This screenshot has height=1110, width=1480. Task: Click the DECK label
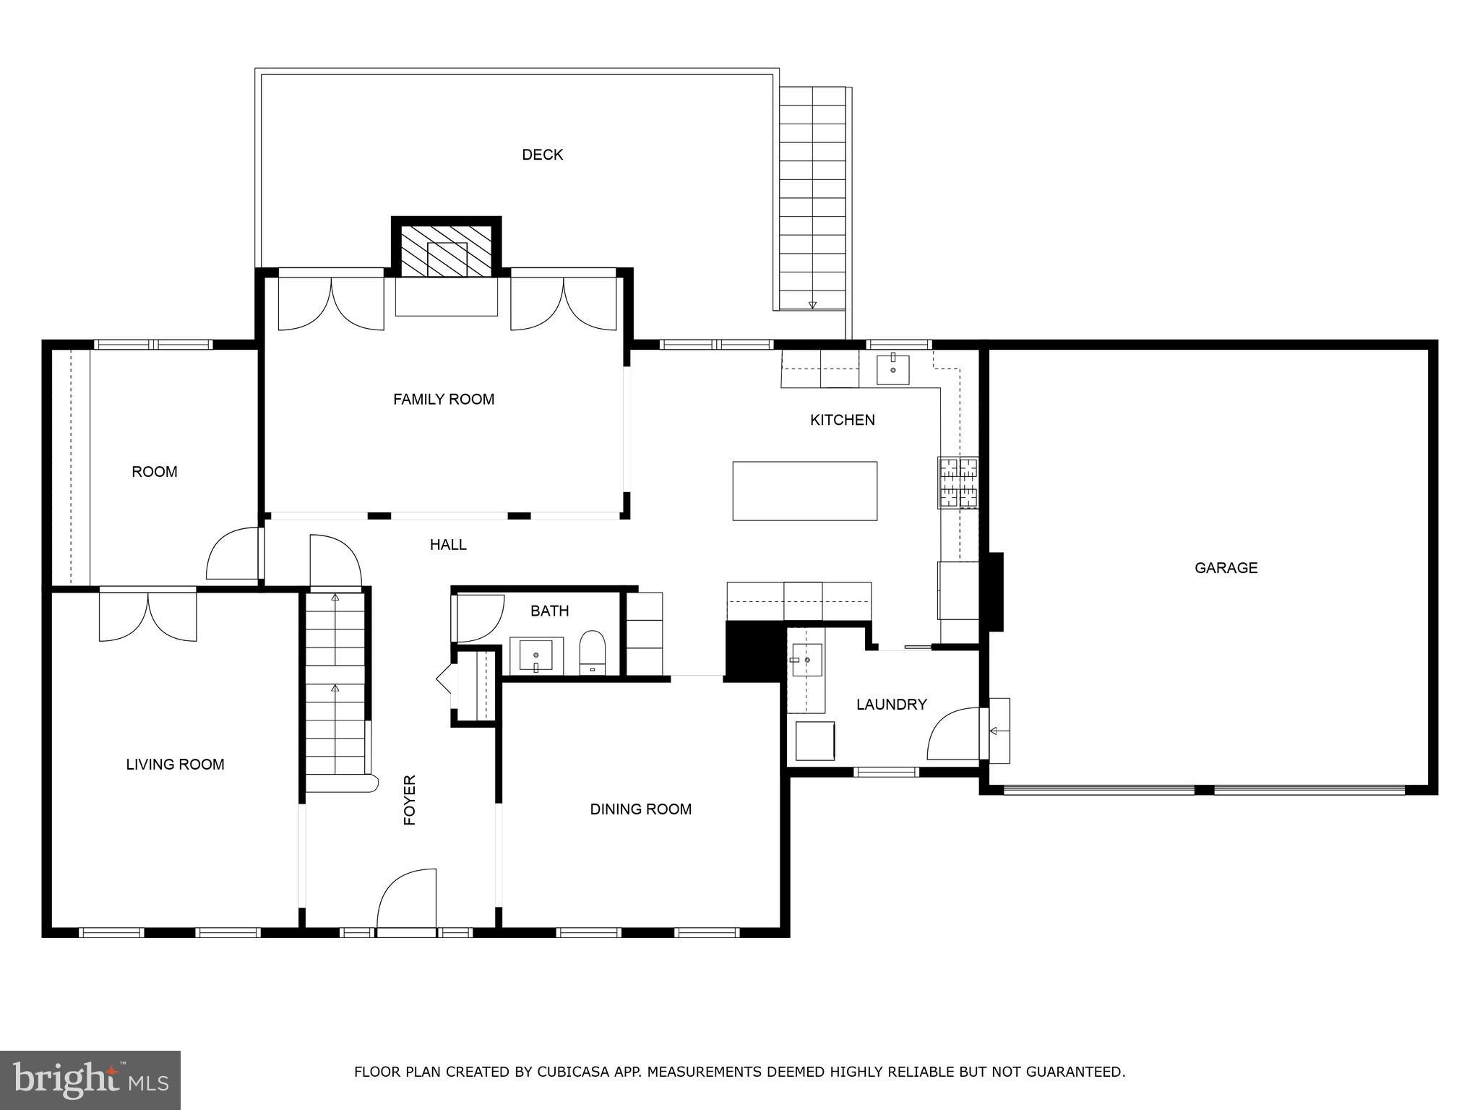pos(542,155)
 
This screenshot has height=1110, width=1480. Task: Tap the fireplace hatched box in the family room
pos(447,251)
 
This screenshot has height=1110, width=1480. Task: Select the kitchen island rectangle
pos(804,491)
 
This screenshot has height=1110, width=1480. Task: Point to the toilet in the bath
pos(593,652)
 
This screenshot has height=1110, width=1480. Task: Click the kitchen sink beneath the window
pos(893,369)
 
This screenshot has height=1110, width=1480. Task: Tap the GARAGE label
pos(1226,568)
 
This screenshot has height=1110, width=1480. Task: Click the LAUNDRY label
pos(891,705)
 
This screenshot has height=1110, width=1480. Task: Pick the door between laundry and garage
pos(954,733)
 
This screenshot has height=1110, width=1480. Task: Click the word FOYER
pos(410,800)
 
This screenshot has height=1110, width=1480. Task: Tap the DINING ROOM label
pos(640,809)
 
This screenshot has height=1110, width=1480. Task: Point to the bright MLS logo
pos(90,1080)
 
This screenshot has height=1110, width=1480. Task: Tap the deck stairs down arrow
pos(812,305)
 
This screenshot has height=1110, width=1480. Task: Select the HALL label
pos(448,545)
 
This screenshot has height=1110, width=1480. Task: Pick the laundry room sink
pos(805,660)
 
